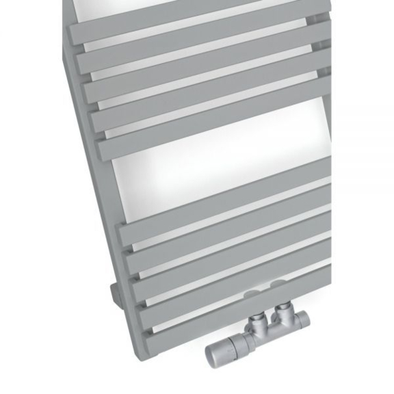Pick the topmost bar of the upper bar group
pos(198,21)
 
